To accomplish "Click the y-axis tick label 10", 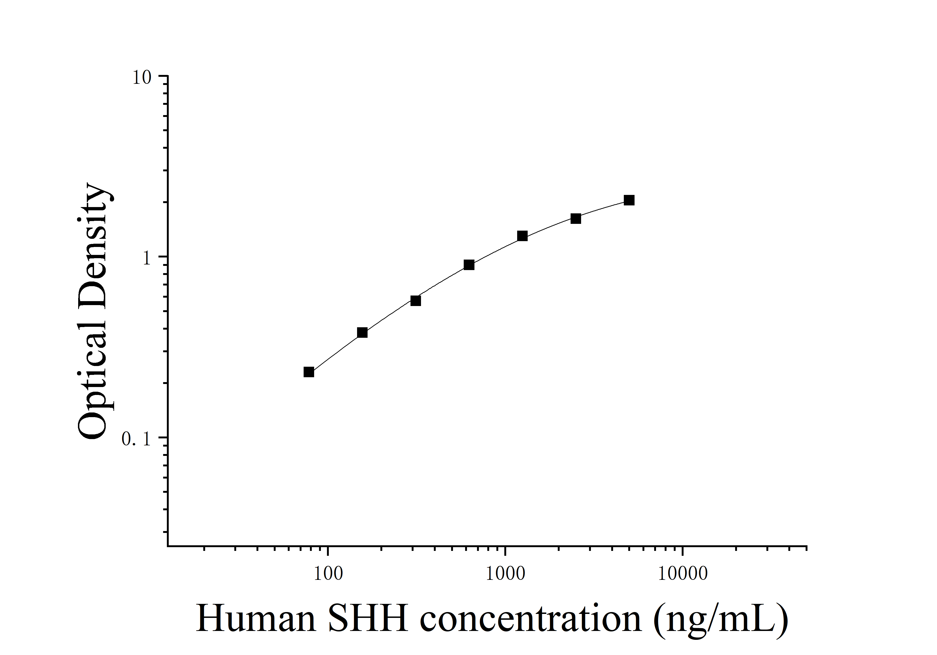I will pos(142,77).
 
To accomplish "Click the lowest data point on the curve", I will pos(309,372).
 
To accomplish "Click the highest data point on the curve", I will pos(629,200).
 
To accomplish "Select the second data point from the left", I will pos(362,333).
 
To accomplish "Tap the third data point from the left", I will pos(415,301).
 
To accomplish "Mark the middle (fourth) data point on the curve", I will pos(469,265).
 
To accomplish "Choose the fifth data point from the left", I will pos(522,236).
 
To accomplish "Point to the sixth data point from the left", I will pos(576,218).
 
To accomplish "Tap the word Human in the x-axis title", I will pos(256,618).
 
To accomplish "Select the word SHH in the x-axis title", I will pos(368,618).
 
